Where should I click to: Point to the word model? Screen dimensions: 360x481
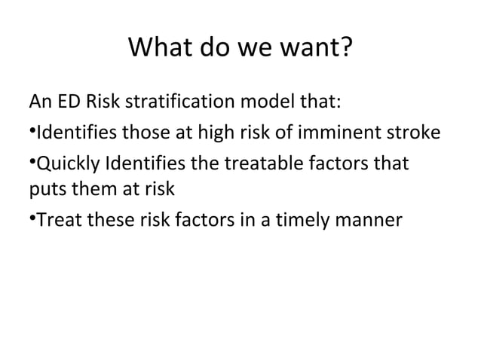pyautogui.click(x=265, y=103)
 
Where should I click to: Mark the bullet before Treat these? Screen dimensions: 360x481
pyautogui.click(x=32, y=218)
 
